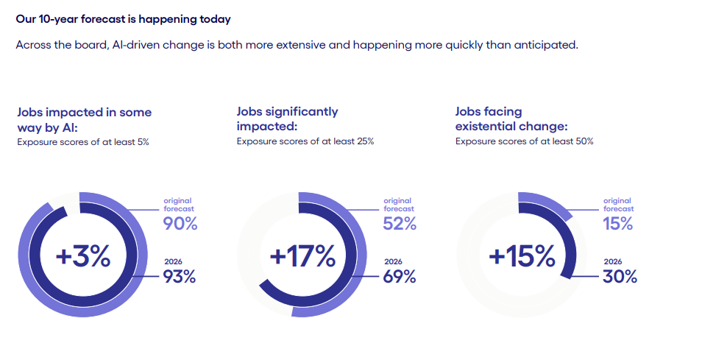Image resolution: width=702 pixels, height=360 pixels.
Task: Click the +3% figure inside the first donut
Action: tap(83, 256)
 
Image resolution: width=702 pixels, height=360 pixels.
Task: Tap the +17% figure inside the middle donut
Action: tap(302, 256)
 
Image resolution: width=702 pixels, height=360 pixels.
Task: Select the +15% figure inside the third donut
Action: tap(522, 256)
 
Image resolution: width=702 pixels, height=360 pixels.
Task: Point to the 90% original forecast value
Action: tap(180, 224)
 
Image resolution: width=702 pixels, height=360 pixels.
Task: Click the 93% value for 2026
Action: tap(180, 277)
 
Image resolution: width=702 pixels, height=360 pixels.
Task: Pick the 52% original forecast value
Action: tap(400, 224)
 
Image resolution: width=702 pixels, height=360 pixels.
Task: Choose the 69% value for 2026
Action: tap(400, 277)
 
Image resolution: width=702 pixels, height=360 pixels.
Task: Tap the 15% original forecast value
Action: tap(618, 224)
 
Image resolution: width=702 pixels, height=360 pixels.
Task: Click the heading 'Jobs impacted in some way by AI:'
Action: tap(84, 119)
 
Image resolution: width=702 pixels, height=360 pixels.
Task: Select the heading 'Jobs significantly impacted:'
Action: tap(287, 119)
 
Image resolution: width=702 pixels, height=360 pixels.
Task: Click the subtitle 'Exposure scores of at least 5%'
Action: tap(83, 141)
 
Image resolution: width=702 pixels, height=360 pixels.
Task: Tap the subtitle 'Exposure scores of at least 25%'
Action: tap(305, 141)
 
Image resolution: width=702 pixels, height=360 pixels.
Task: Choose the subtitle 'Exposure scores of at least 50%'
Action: tap(524, 141)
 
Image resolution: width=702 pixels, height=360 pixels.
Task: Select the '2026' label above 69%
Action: tap(393, 261)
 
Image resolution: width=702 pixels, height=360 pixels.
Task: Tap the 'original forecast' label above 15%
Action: tap(617, 205)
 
